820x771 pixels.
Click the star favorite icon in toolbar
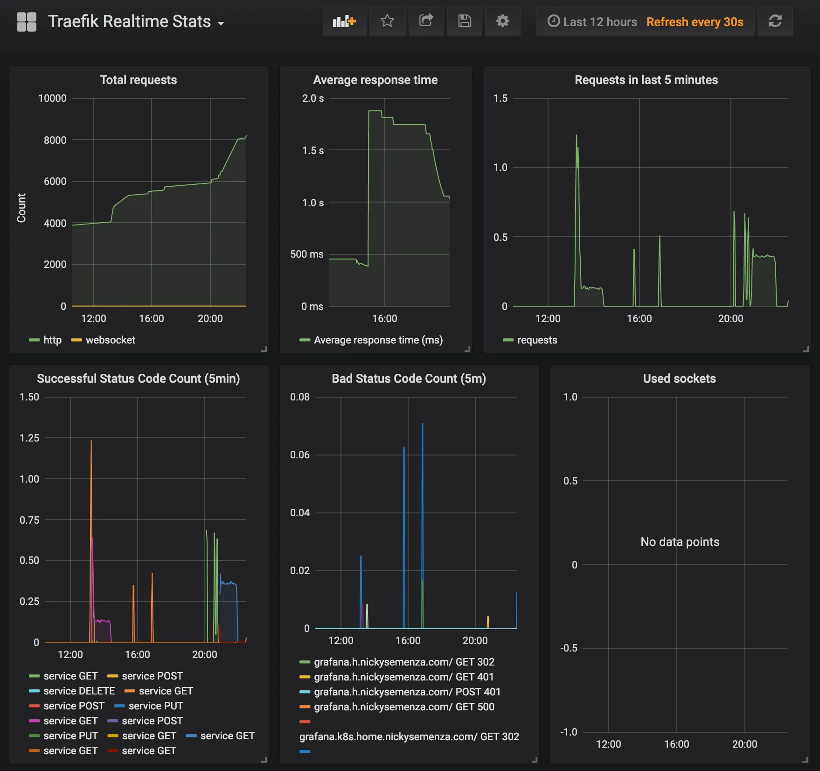pyautogui.click(x=387, y=21)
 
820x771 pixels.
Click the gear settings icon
pyautogui.click(x=502, y=21)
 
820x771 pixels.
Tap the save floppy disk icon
pyautogui.click(x=464, y=21)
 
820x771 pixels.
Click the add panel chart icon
pyautogui.click(x=344, y=21)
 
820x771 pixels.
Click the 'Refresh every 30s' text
pyautogui.click(x=695, y=22)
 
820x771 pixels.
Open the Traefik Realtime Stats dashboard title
pyautogui.click(x=130, y=21)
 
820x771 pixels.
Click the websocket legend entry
pyautogui.click(x=110, y=340)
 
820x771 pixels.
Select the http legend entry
pyautogui.click(x=52, y=340)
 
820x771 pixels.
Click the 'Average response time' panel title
pyautogui.click(x=375, y=80)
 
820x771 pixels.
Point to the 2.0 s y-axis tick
pyautogui.click(x=313, y=98)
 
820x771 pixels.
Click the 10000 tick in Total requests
pyautogui.click(x=52, y=98)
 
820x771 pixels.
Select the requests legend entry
pyautogui.click(x=536, y=340)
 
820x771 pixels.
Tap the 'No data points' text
pyautogui.click(x=680, y=542)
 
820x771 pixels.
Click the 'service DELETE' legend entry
pyautogui.click(x=79, y=691)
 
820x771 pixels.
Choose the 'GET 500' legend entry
pyautogui.click(x=403, y=707)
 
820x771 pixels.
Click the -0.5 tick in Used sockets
pyautogui.click(x=569, y=648)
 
